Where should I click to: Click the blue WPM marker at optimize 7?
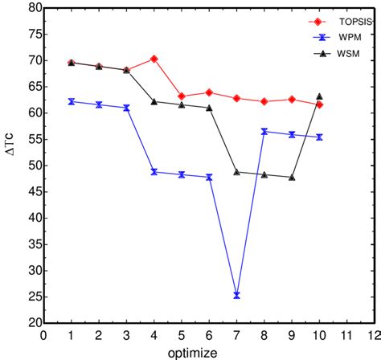click(236, 295)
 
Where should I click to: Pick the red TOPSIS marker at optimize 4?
click(154, 59)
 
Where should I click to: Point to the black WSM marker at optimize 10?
click(319, 96)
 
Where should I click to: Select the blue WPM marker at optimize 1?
click(72, 101)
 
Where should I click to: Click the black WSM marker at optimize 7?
click(236, 172)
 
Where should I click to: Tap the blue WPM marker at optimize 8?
click(264, 131)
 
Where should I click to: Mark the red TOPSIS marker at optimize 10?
click(319, 104)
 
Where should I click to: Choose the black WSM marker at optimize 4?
click(154, 101)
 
